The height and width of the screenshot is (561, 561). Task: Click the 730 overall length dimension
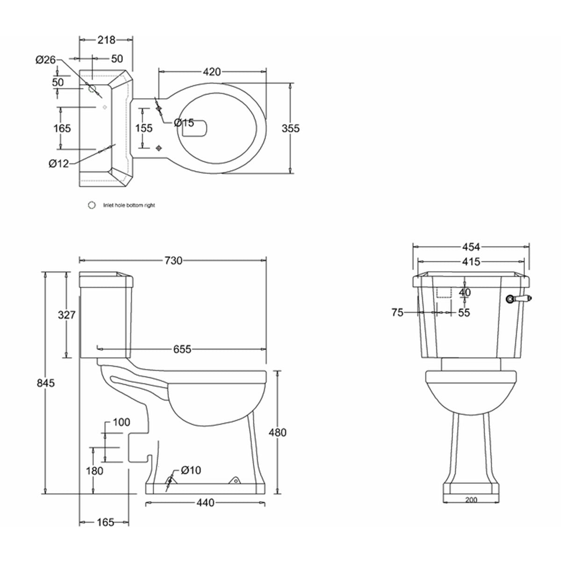click(173, 261)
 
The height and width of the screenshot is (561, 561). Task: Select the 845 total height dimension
click(46, 383)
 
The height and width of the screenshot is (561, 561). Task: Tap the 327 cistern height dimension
click(66, 315)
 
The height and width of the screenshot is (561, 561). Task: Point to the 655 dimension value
click(182, 349)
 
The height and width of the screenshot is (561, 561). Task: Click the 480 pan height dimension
click(278, 432)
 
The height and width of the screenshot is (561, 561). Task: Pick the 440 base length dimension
click(205, 503)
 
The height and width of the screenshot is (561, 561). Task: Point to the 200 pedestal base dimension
click(471, 500)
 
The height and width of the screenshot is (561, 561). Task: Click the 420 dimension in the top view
click(211, 72)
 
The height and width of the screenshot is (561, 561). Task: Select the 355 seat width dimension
click(291, 128)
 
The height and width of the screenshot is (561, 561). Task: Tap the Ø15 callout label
click(184, 122)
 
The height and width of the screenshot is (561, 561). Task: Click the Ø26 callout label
click(45, 59)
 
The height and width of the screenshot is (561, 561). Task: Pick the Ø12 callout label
click(58, 163)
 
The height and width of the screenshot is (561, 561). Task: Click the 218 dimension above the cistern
click(106, 40)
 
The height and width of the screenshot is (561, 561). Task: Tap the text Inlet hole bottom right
click(129, 205)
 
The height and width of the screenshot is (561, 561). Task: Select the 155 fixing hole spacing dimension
click(144, 128)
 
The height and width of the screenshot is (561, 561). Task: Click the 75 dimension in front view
click(397, 313)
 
